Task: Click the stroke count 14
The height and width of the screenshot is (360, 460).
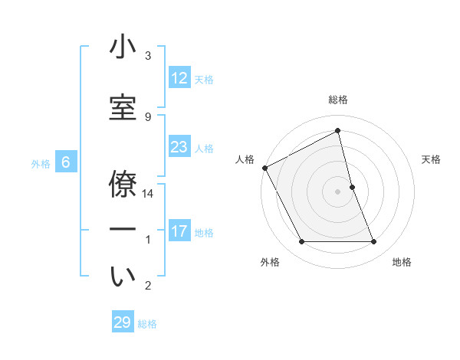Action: pos(149,194)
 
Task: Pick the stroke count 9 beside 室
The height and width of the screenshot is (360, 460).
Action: pos(147,116)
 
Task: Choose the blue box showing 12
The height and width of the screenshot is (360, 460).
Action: pos(179,78)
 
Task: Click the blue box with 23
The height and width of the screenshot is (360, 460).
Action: pos(179,147)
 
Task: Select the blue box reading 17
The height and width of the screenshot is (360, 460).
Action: pos(179,231)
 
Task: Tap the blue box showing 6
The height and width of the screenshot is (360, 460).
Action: pos(66,162)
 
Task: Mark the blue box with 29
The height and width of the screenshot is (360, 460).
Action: pos(122,322)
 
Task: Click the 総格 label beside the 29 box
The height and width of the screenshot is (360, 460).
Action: pos(147,324)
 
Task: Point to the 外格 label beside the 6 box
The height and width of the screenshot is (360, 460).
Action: pos(40,163)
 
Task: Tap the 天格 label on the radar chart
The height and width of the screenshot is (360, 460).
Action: pos(431,159)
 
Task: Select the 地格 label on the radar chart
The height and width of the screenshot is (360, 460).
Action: pos(402,263)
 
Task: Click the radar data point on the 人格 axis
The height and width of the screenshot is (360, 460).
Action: pos(264,168)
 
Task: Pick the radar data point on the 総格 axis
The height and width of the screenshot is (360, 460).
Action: pos(338,131)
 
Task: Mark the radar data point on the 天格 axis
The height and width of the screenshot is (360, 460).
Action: pos(352,187)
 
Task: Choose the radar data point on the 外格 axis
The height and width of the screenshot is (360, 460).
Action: pos(301,242)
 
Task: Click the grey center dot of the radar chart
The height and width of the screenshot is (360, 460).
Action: pos(338,191)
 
